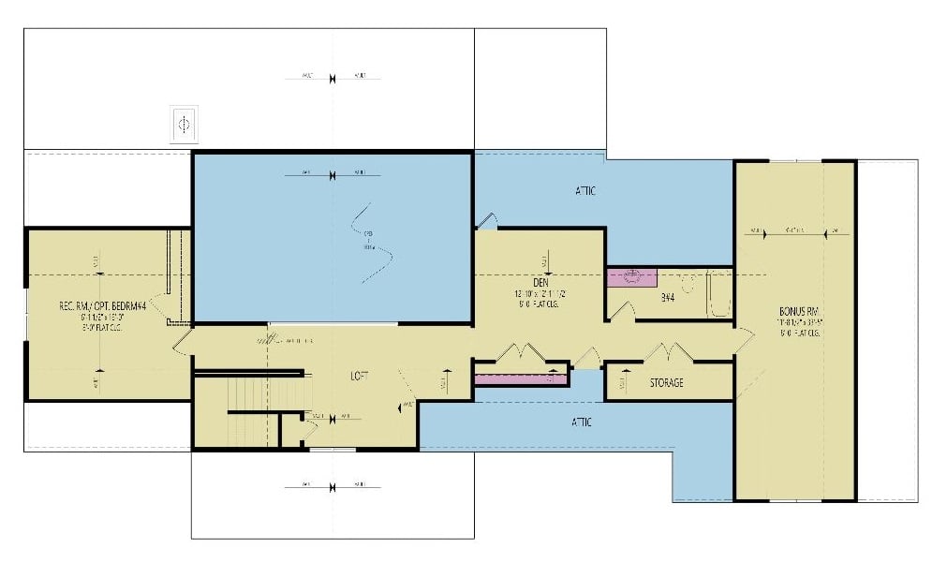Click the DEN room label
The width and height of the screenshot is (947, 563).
[540, 282]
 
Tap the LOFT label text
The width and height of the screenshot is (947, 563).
[360, 376]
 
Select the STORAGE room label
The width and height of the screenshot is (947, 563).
[666, 382]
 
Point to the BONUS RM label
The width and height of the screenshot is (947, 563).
[800, 311]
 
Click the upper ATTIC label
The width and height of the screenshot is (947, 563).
[585, 191]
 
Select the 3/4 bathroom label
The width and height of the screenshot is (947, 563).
[669, 299]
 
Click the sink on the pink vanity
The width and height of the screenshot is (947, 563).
[630, 276]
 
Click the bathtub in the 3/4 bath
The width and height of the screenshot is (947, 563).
[719, 293]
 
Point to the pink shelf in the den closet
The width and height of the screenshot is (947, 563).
[520, 379]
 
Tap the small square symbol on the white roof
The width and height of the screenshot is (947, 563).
[184, 124]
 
